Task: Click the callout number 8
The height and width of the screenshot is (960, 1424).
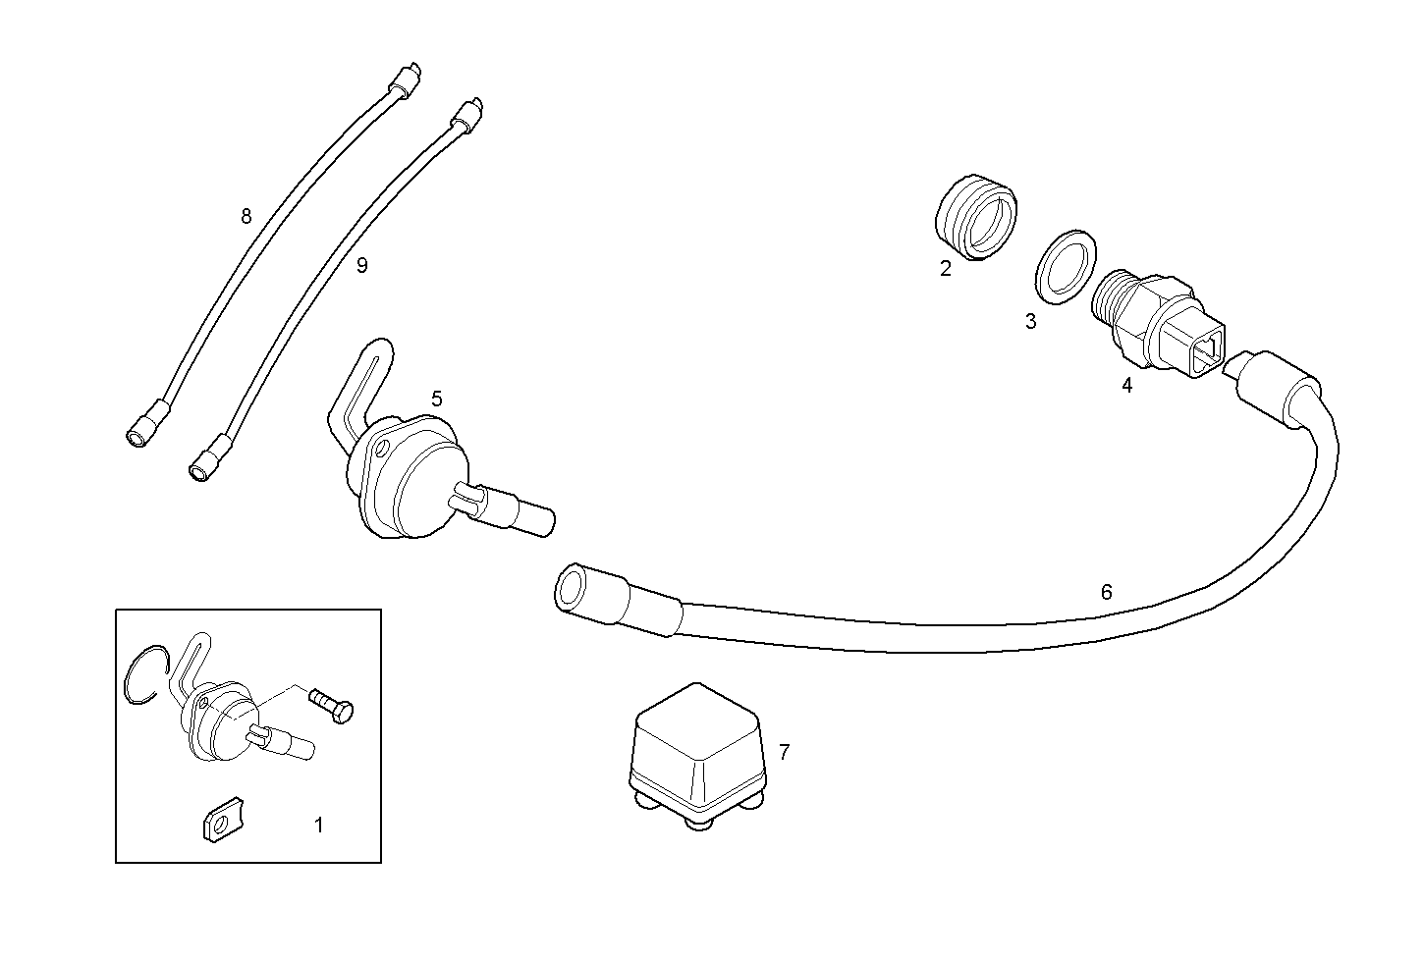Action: click(246, 216)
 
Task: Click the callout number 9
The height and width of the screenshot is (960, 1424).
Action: click(362, 265)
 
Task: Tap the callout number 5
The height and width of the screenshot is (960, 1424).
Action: click(437, 399)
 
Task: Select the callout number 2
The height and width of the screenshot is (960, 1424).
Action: click(946, 269)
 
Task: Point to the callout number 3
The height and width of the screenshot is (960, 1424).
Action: click(1030, 321)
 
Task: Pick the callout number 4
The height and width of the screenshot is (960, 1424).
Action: click(1127, 386)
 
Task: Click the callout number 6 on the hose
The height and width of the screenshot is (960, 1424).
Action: click(1107, 592)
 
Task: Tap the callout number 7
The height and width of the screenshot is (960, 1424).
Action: click(784, 753)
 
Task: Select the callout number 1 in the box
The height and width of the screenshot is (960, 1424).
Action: click(318, 826)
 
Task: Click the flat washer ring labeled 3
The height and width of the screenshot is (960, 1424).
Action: click(1066, 264)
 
